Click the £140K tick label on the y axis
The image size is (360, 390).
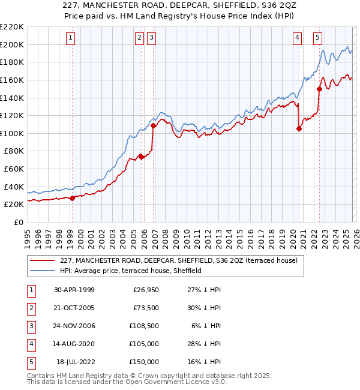12,97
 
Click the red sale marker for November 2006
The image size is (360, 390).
154,126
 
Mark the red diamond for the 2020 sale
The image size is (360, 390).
299,128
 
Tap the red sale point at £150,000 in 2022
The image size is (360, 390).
319,89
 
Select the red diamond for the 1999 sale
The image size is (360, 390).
73,198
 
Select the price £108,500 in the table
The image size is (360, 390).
144,326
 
